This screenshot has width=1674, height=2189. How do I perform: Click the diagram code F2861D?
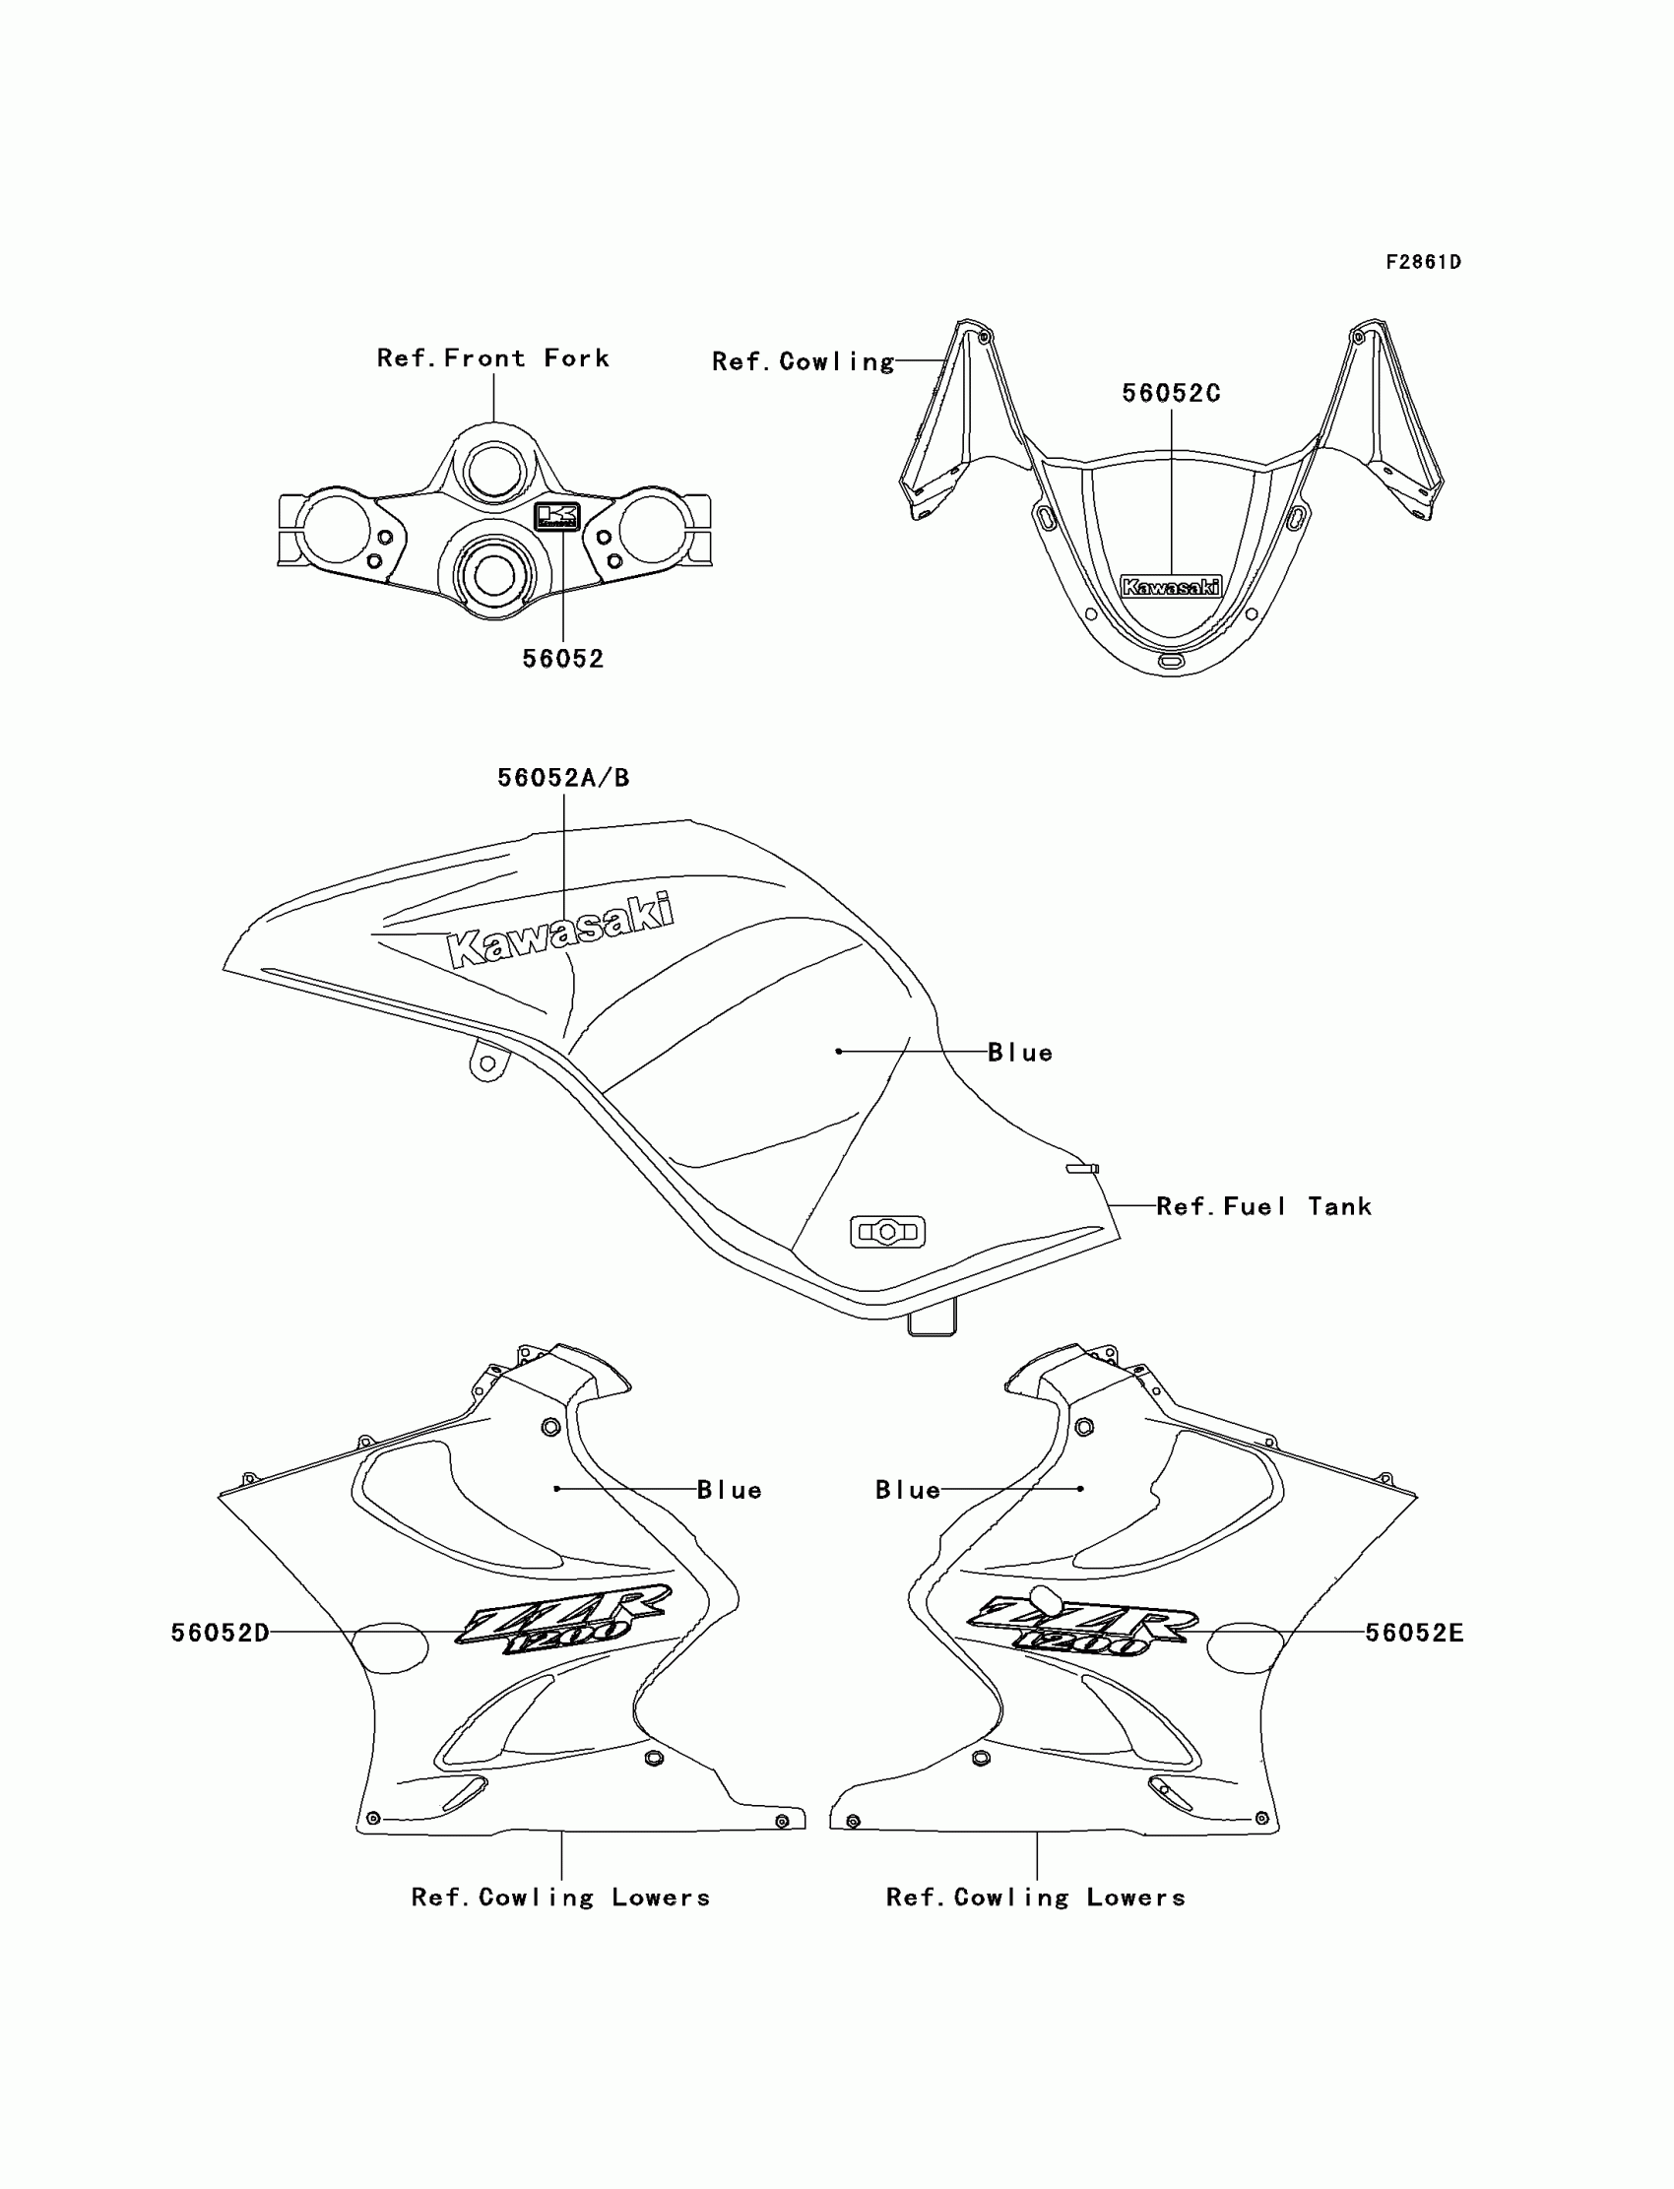point(1423,262)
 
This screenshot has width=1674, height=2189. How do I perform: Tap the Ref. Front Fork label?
point(492,358)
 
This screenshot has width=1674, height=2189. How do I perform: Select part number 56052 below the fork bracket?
point(563,659)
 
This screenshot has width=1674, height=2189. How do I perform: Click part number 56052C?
point(1171,394)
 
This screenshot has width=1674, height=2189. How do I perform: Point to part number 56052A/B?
point(563,778)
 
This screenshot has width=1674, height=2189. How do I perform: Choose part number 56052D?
point(221,1633)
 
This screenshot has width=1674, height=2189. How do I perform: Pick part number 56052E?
point(1414,1633)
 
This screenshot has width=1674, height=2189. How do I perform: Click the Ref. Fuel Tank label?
point(1263,1207)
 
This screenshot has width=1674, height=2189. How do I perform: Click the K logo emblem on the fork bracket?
point(557,516)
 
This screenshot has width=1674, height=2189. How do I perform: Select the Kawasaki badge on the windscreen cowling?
point(1171,587)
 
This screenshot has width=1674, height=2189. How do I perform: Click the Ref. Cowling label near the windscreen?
point(804,361)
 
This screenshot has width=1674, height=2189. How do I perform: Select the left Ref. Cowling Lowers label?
point(561,1899)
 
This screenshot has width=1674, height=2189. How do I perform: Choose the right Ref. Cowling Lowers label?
point(1036,1899)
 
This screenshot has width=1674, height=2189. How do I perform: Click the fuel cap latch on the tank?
point(887,1233)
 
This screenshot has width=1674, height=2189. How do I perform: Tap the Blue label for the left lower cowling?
point(730,1491)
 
